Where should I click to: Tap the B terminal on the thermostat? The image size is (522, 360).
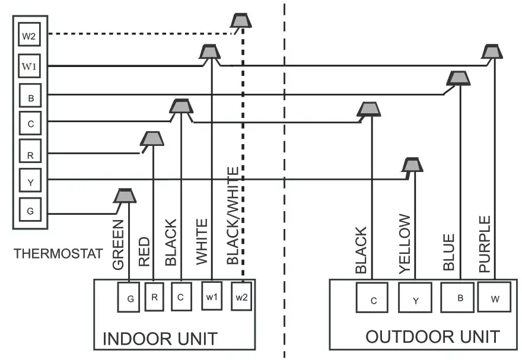pyautogui.click(x=30, y=95)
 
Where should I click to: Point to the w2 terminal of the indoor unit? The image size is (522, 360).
pyautogui.click(x=241, y=297)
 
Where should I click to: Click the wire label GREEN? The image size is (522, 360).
pyautogui.click(x=118, y=244)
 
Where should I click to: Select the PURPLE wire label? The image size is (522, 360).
pyautogui.click(x=485, y=244)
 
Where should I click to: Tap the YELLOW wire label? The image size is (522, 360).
pyautogui.click(x=405, y=243)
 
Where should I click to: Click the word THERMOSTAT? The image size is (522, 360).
pyautogui.click(x=58, y=254)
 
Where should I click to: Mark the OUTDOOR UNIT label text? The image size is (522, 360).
pyautogui.click(x=432, y=337)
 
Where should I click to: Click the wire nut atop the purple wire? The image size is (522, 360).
pyautogui.click(x=492, y=52)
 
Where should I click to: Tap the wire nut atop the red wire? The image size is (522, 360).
pyautogui.click(x=152, y=139)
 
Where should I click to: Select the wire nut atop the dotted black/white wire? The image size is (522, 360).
pyautogui.click(x=241, y=21)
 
